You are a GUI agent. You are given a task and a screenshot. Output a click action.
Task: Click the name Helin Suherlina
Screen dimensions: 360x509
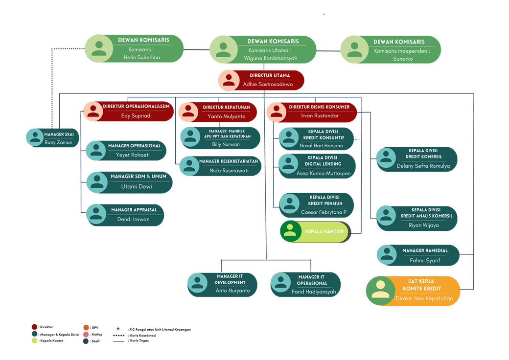point(142,57)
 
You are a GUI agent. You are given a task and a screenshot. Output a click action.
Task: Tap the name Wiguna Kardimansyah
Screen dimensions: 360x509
point(270,58)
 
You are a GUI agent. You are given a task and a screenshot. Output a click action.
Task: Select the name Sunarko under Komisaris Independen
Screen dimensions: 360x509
point(402,59)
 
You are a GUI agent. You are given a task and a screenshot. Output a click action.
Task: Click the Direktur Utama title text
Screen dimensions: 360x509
point(270,76)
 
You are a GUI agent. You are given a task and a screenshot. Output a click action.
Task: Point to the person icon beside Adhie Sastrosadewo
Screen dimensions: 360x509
point(229,80)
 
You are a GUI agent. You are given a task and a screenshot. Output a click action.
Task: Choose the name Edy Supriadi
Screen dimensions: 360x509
point(136,116)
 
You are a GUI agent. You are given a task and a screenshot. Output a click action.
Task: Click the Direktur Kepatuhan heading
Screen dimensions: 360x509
point(226,107)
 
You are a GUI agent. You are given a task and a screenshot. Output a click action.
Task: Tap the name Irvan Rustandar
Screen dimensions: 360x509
point(320,116)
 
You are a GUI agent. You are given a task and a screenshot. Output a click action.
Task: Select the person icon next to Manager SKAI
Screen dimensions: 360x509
point(35,137)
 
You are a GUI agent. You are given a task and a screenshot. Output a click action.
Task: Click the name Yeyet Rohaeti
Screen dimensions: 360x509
point(133,155)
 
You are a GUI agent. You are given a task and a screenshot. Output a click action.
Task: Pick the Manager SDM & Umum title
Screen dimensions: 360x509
point(139,176)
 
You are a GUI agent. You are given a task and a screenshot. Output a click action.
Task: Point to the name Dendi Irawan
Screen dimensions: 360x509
point(133,219)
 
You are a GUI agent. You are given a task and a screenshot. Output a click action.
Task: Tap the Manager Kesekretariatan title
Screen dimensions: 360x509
point(228,161)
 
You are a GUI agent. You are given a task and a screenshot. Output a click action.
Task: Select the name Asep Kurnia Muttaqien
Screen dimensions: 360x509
point(324,173)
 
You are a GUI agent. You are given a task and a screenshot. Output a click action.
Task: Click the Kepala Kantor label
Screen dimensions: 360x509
point(324,231)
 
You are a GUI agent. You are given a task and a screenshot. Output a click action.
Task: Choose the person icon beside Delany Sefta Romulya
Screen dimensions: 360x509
point(385,157)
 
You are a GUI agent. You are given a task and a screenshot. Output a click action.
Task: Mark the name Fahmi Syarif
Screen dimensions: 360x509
point(425,260)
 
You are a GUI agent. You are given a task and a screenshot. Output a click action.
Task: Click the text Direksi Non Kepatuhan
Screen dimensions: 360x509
point(424,298)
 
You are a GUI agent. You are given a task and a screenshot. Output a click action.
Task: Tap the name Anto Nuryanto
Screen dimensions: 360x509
point(233,291)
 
